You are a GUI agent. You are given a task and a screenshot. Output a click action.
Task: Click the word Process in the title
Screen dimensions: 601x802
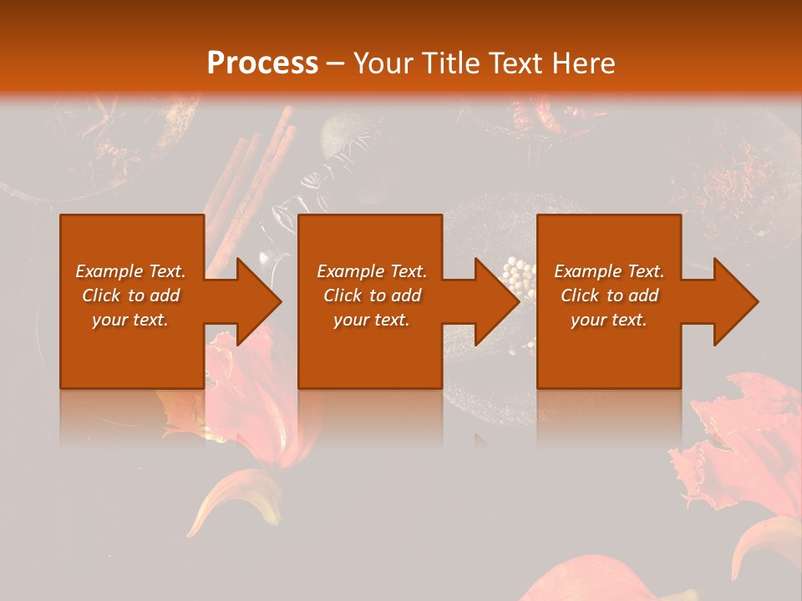pos(262,63)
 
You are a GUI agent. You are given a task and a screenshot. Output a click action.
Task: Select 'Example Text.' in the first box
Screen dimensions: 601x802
pos(131,271)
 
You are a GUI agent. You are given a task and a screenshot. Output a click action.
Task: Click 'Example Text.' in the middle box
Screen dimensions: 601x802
pos(372,271)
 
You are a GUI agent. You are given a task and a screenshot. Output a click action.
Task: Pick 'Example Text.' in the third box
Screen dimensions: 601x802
pos(609,271)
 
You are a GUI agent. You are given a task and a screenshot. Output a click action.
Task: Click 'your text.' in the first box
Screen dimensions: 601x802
pos(131,320)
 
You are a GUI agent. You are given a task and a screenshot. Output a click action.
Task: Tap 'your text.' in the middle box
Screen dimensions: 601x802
pos(372,320)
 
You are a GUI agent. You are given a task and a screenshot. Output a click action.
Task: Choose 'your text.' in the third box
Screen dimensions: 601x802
pos(609,320)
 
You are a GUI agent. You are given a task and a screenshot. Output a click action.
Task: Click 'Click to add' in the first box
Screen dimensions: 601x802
pos(131,295)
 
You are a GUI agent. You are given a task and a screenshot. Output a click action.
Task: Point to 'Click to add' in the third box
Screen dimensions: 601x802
pos(609,295)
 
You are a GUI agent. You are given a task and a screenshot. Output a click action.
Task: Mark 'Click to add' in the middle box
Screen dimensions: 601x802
pos(372,295)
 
